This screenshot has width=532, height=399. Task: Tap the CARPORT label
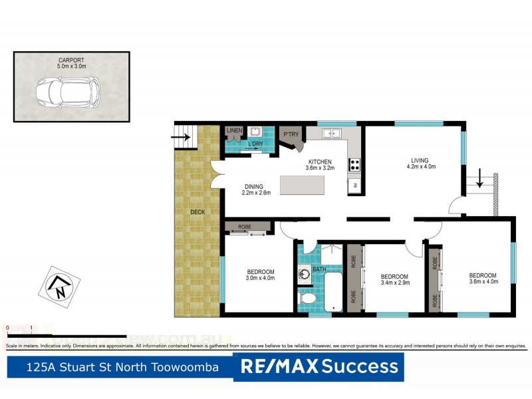pos(71,60)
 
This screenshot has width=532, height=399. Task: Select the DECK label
pos(198,212)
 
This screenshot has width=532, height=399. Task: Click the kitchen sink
pos(331,134)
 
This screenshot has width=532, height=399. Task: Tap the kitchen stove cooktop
pos(354,164)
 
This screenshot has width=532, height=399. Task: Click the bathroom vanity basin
pos(304,271)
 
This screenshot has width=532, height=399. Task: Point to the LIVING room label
pos(420,160)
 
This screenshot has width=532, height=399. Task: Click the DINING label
pos(253,186)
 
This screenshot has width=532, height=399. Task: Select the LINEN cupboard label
pos(234,130)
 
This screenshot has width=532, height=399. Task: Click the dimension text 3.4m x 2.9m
pos(394,283)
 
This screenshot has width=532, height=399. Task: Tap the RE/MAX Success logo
pos(319,366)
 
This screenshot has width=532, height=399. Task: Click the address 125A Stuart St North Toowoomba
pos(122,366)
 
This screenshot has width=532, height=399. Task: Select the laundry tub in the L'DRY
pos(255,132)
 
